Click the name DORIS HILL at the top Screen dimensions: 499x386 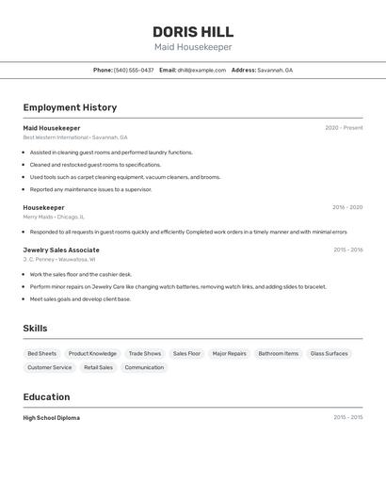coord(193,32)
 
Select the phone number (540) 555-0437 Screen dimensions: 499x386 coord(134,70)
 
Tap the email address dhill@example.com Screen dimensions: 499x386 coord(201,70)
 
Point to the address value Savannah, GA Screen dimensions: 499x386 coord(275,70)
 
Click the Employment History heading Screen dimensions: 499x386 coord(70,107)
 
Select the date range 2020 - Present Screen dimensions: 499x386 coord(344,128)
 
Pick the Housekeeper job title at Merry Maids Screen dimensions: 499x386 coord(44,207)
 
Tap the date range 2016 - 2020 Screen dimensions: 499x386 coord(347,207)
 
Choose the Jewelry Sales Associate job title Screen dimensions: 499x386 coord(61,249)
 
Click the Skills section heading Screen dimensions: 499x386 coord(35,329)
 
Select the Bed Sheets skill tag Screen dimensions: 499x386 coord(42,354)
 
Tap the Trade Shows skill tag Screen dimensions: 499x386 coord(145,354)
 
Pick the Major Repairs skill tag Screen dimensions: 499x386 coord(229,354)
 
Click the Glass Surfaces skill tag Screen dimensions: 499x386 coord(330,354)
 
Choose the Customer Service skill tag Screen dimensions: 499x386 coord(50,367)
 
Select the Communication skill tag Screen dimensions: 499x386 coord(144,367)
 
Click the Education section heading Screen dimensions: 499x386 coord(46,396)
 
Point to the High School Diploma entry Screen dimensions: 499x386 coord(52,417)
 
